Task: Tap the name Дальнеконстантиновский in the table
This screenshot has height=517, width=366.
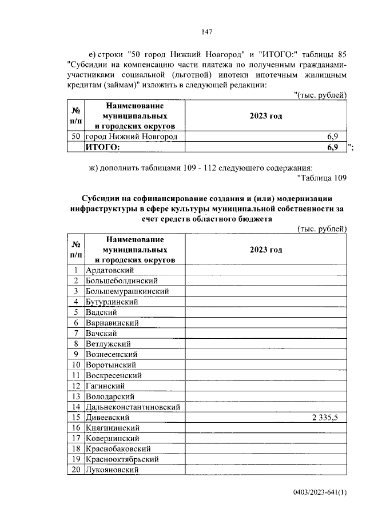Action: pyautogui.click(x=133, y=407)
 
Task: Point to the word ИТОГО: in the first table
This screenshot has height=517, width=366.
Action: pyautogui.click(x=103, y=147)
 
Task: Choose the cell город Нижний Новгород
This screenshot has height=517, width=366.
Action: pyautogui.click(x=131, y=137)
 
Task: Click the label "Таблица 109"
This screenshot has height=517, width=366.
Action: pyautogui.click(x=323, y=178)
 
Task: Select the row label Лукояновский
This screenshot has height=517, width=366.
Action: pyautogui.click(x=113, y=470)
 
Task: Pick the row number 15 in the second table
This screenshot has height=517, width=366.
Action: pyautogui.click(x=75, y=418)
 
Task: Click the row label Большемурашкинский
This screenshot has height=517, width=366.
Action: pyautogui.click(x=126, y=291)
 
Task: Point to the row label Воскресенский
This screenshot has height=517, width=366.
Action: pyautogui.click(x=114, y=375)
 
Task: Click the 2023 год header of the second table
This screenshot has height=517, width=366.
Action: pyautogui.click(x=266, y=250)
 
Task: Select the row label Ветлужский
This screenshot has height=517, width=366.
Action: pyautogui.click(x=108, y=344)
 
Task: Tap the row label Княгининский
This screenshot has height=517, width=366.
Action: pyautogui.click(x=113, y=428)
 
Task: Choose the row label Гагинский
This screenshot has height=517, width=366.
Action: pyautogui.click(x=105, y=386)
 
